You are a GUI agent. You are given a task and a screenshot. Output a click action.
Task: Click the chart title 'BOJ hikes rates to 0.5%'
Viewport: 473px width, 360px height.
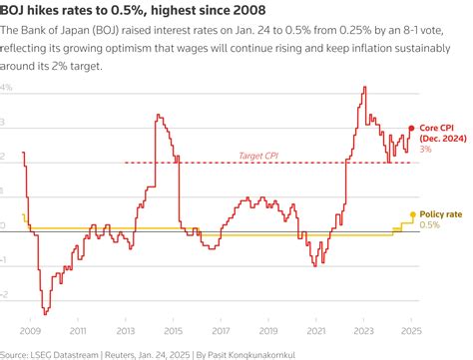tap(130, 11)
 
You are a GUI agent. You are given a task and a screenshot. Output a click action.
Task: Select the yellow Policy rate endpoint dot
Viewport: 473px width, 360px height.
tap(411, 214)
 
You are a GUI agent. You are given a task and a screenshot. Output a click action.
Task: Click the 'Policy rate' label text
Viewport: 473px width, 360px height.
tap(440, 214)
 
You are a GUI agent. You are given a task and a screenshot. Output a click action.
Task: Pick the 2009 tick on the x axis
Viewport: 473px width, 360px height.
tap(31, 329)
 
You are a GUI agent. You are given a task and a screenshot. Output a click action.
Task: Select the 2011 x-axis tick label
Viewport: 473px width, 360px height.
tap(79, 329)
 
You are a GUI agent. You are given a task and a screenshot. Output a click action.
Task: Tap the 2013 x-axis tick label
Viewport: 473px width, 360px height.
tap(127, 329)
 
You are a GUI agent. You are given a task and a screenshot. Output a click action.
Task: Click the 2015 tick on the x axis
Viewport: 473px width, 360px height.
tap(175, 329)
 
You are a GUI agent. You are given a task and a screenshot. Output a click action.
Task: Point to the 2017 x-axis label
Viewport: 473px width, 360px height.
tap(222, 329)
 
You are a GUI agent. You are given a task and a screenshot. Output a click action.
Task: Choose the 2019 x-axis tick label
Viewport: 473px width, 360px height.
tap(269, 329)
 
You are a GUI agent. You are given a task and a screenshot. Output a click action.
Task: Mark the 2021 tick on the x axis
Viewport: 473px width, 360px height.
tap(317, 329)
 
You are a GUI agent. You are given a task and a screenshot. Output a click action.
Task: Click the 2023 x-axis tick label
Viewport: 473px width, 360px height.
tap(365, 329)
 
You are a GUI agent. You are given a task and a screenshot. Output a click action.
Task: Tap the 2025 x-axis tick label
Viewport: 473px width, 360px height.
tap(411, 329)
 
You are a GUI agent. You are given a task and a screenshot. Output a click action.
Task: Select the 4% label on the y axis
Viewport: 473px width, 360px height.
tap(7, 89)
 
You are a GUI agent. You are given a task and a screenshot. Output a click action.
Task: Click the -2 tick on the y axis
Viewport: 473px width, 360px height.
tap(6, 295)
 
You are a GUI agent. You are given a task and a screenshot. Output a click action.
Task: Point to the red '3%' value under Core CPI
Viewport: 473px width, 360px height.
tap(425, 150)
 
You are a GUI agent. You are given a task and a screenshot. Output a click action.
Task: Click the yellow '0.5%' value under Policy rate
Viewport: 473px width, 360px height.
tap(429, 225)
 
